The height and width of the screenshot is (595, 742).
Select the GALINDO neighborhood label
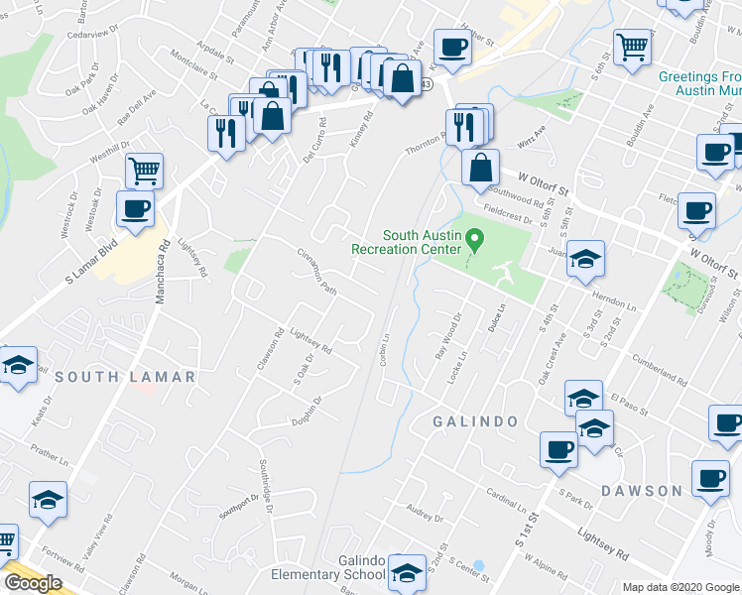point(475,420)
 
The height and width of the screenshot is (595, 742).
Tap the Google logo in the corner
point(33,582)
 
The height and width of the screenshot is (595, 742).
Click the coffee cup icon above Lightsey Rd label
point(135,208)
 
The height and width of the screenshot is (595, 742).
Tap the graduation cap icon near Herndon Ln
point(585,260)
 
